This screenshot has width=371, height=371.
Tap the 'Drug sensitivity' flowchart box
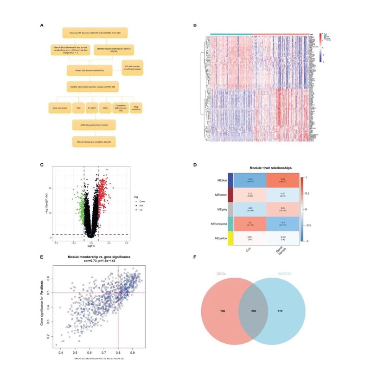click(136, 107)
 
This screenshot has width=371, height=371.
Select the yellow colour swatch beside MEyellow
click(230, 244)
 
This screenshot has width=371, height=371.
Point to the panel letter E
click(42, 256)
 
